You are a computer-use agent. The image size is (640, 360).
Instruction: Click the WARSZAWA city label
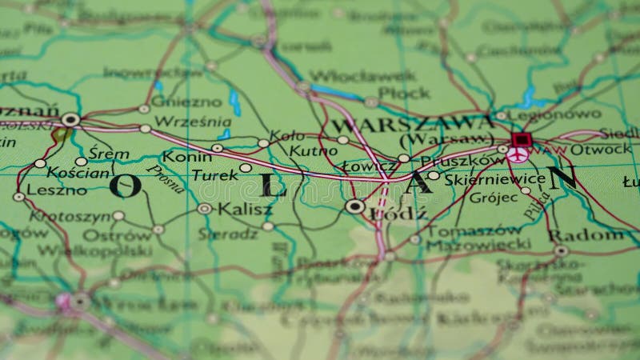[x=413, y=124]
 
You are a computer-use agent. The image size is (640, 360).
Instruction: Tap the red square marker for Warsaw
[x=521, y=140]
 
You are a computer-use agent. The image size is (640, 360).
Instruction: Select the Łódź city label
[x=390, y=214]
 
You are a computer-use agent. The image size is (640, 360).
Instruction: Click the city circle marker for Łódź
[x=355, y=206]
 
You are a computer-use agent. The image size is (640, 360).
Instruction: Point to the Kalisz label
[x=245, y=209]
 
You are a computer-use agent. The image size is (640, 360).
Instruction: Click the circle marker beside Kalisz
[x=205, y=208]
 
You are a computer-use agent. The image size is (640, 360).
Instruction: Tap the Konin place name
[x=187, y=156]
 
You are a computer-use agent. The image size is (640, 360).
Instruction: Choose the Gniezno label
[x=186, y=102]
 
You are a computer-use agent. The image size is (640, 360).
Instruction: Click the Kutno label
[x=308, y=150]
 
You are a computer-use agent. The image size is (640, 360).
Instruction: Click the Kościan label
[x=78, y=172]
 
